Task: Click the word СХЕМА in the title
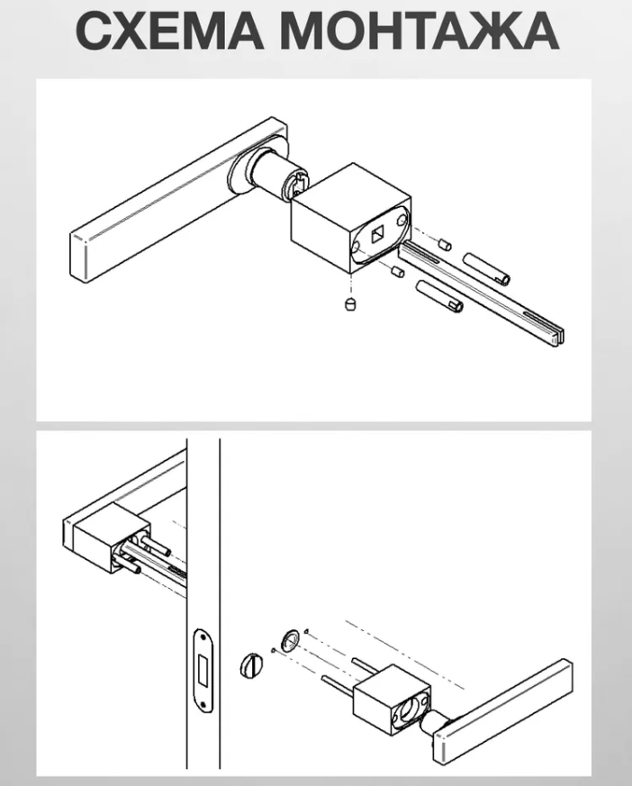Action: point(169,31)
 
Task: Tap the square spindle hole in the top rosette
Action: point(377,234)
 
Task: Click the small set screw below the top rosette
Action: point(351,303)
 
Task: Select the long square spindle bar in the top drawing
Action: point(481,293)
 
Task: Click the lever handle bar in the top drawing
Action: point(178,200)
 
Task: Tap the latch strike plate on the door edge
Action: point(204,670)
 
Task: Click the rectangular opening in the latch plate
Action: point(204,670)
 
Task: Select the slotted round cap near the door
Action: point(250,664)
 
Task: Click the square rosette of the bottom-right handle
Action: point(392,700)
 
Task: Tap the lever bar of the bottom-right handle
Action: point(502,712)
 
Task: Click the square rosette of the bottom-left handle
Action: point(107,538)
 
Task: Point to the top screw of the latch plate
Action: point(203,635)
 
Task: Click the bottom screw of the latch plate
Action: point(204,706)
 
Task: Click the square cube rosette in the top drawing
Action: point(351,218)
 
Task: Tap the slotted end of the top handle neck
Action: point(297,185)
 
